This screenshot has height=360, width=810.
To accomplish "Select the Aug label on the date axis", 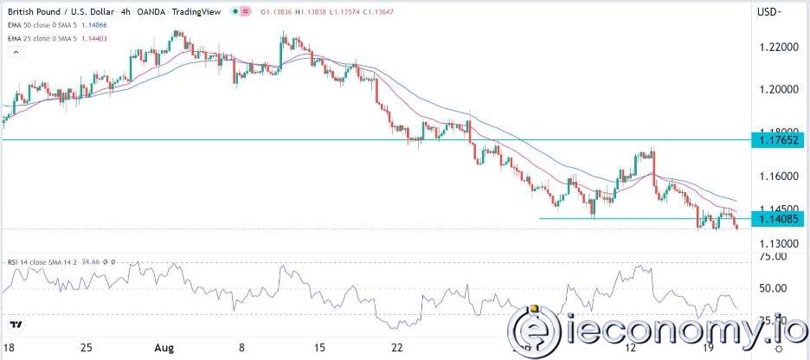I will pyautogui.click(x=165, y=347).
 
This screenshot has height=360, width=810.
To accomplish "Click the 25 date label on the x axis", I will pyautogui.click(x=86, y=347).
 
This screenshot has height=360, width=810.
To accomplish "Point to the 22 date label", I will pyautogui.click(x=396, y=347).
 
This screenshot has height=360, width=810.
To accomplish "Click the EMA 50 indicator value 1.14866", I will pyautogui.click(x=106, y=29).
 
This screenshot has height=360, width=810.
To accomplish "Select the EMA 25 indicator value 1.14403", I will pyautogui.click(x=106, y=41).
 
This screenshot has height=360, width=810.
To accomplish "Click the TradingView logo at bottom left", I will pyautogui.click(x=16, y=325).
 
